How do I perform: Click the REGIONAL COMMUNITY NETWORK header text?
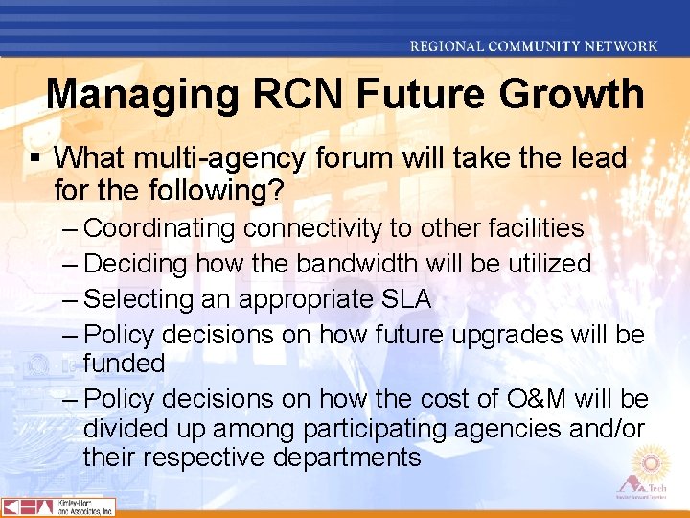(x=534, y=45)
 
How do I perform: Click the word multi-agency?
(x=223, y=158)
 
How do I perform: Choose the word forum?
(x=356, y=158)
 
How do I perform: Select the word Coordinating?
(x=159, y=228)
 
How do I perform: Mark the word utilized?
(x=550, y=264)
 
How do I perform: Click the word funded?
(x=124, y=364)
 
